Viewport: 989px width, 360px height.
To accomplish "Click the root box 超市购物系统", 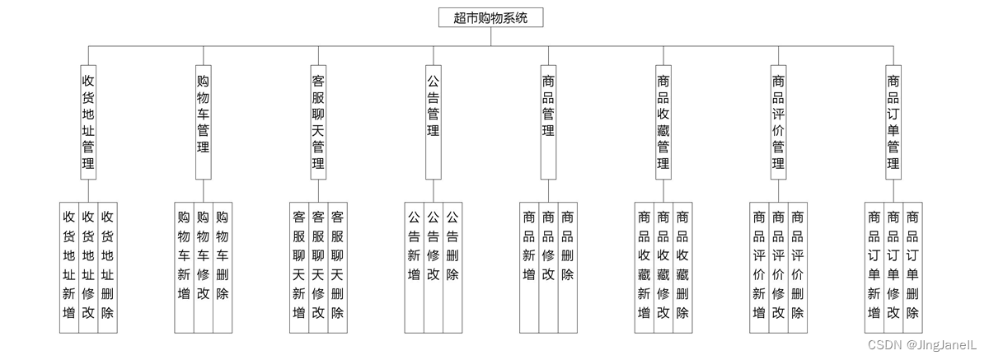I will point(490,17).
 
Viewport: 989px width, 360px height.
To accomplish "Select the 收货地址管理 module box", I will point(88,122).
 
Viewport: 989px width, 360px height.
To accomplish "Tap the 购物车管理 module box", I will point(203,122).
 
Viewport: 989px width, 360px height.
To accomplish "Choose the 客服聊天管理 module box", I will point(318,122).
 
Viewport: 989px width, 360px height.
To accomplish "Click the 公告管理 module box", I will point(433,122).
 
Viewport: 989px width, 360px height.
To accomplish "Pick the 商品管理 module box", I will point(548,122).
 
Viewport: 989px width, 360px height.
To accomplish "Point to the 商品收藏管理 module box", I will point(663,122).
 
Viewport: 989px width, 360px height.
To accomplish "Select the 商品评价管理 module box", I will point(778,122).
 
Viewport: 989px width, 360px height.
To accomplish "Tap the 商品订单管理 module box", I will point(893,122).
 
